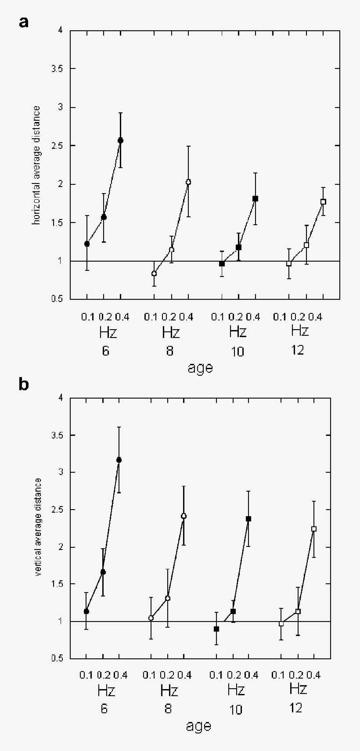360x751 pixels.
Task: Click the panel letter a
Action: [24, 22]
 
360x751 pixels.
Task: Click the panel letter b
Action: [24, 384]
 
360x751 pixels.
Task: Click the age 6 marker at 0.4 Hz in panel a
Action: [120, 140]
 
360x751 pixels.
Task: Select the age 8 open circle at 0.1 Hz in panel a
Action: [154, 273]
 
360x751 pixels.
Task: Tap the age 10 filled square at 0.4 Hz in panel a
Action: [255, 198]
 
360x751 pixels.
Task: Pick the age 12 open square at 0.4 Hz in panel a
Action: [323, 201]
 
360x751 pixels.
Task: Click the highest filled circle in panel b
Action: [119, 460]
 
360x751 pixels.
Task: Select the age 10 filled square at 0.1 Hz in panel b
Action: [216, 629]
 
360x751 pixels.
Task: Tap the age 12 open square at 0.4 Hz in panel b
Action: [313, 529]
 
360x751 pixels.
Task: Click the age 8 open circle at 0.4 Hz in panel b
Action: [184, 516]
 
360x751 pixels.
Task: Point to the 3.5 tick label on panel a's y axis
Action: [56, 69]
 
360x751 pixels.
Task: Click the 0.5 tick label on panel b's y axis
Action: [56, 658]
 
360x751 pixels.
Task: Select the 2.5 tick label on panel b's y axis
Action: [56, 510]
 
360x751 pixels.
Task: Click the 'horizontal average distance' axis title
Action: [37, 165]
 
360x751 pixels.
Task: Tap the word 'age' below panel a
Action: [200, 367]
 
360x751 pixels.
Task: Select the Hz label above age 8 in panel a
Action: [170, 332]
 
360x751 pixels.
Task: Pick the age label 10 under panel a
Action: [237, 352]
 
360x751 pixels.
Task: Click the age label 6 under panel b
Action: [104, 709]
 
